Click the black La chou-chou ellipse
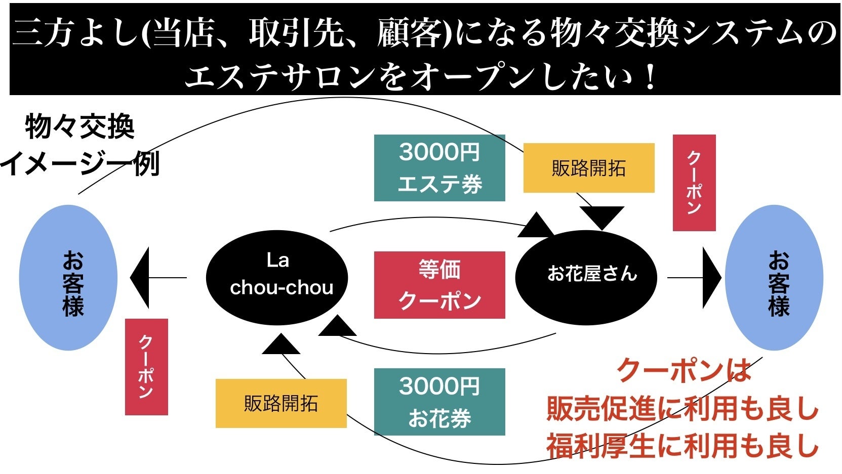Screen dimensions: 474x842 click(x=277, y=277)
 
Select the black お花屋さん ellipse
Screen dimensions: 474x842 click(x=586, y=277)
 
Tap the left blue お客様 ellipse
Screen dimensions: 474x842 click(x=68, y=277)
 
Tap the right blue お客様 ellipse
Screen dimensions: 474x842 click(x=774, y=277)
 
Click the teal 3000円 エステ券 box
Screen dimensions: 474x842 click(x=439, y=168)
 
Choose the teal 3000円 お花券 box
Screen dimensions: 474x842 click(x=439, y=402)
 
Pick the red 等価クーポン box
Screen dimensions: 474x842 click(x=439, y=285)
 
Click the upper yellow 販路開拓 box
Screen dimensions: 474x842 click(x=588, y=168)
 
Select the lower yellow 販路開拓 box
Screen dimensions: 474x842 click(x=281, y=403)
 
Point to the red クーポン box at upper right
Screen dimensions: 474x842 click(x=694, y=183)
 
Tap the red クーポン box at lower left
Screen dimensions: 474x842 click(x=146, y=367)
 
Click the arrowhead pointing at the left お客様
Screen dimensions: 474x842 click(x=141, y=277)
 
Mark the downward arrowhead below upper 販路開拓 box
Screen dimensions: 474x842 click(x=602, y=217)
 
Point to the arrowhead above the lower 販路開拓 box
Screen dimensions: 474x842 click(x=281, y=345)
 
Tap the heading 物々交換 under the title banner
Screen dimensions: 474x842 click(x=79, y=126)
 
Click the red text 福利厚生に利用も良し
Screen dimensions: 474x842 click(x=682, y=445)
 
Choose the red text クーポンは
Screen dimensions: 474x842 click(x=684, y=370)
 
